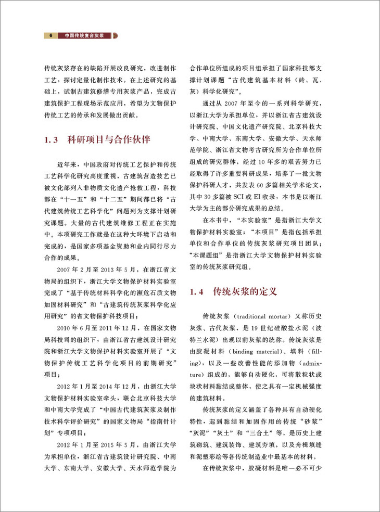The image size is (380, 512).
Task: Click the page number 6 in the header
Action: point(50,36)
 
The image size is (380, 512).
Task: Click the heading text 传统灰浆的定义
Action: point(244,292)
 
